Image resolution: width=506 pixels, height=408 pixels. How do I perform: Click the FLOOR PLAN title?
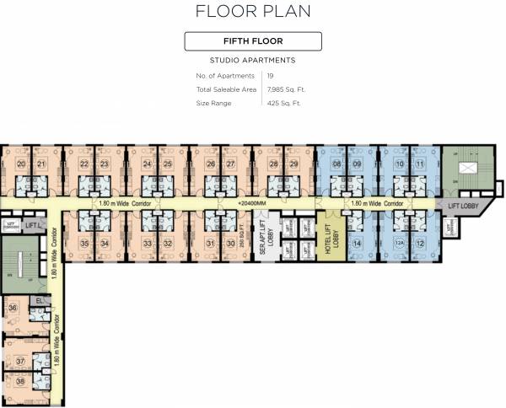point(253,11)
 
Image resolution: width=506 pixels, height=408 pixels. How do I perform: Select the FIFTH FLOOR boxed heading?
point(253,41)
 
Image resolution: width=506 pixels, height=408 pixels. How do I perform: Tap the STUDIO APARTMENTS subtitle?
point(253,62)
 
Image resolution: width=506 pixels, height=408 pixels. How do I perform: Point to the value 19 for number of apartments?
point(270,76)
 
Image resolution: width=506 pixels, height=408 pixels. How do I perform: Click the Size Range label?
point(214,103)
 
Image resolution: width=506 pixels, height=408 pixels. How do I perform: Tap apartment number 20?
point(20,164)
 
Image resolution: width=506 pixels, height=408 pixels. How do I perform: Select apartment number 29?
point(293,164)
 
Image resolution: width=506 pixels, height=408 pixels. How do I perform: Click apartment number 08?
point(336,164)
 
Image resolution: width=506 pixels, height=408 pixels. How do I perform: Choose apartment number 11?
point(420,164)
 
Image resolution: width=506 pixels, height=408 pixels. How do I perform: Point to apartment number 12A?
point(398,244)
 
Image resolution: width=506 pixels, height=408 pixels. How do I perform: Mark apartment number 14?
point(358,244)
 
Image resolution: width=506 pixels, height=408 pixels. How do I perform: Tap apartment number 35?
point(84,244)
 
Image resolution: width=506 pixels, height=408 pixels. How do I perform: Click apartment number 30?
point(230,244)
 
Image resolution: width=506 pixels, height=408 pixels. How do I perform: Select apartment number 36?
point(13,308)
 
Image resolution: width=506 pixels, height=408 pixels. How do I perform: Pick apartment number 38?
point(20,380)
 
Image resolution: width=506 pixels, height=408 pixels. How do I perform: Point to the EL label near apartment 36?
point(39,300)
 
